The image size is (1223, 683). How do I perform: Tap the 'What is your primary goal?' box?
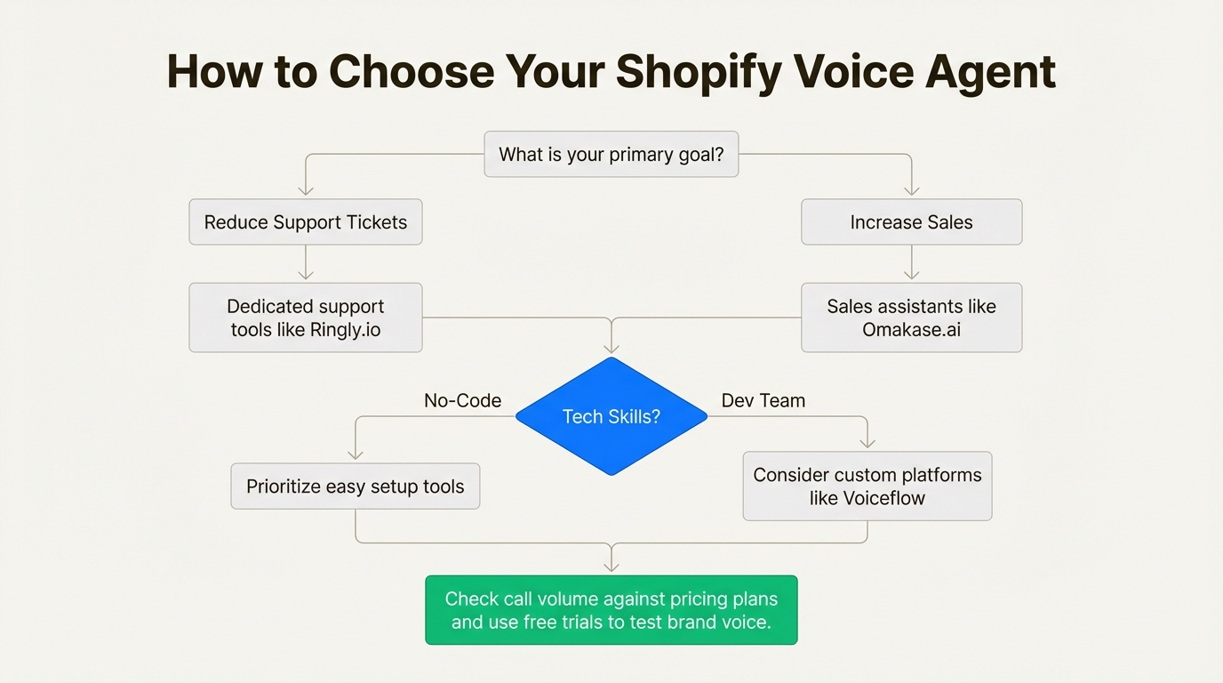611,155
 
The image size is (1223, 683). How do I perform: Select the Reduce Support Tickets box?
306,222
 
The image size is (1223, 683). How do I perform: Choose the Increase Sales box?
911,222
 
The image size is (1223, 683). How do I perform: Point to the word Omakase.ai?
911,330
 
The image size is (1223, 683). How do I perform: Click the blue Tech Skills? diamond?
611,416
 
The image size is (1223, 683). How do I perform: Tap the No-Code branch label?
462,400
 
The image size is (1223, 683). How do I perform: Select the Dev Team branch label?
763,400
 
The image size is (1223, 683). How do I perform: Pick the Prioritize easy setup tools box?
356,486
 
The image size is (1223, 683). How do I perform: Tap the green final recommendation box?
611,610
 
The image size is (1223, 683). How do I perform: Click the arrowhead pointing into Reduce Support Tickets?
306,190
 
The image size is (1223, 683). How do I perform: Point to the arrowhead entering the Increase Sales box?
911,190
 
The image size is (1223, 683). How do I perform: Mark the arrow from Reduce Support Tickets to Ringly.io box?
306,264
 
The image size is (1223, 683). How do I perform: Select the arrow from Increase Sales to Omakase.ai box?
911,264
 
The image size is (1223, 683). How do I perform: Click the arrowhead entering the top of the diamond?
611,348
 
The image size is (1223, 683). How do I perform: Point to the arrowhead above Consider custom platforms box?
867,443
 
